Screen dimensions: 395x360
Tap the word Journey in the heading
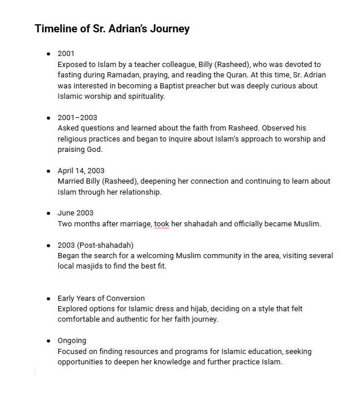click(x=168, y=28)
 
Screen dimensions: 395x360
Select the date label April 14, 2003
click(x=81, y=170)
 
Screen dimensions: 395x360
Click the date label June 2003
click(x=76, y=213)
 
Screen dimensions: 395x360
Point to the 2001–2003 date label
click(x=77, y=117)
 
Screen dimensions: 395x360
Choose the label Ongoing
click(x=72, y=341)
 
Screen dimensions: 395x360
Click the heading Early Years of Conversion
click(x=101, y=298)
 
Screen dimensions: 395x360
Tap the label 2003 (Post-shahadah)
click(x=95, y=245)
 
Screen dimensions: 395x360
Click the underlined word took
click(x=162, y=223)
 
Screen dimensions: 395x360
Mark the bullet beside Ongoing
click(x=49, y=341)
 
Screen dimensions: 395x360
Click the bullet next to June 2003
click(x=49, y=214)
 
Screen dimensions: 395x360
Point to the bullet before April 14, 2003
click(x=49, y=171)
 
